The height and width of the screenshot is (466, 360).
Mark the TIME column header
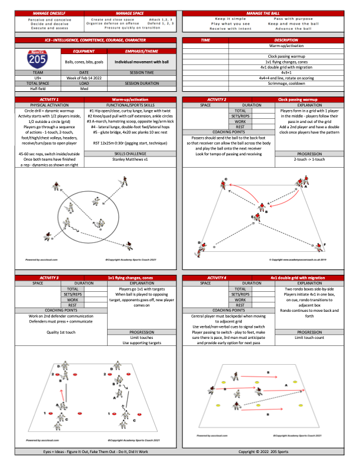pos(205,39)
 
